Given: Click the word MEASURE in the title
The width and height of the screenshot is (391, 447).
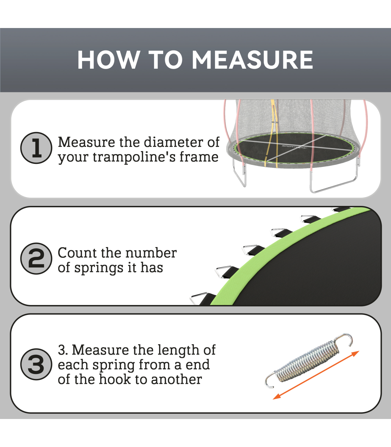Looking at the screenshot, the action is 252,60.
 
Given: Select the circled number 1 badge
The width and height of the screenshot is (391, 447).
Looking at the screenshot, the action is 36,148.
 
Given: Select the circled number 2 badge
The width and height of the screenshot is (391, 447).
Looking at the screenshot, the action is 36,258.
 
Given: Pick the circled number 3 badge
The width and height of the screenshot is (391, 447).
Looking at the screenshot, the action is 36,364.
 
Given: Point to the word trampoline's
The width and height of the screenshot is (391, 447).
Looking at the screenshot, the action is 134,157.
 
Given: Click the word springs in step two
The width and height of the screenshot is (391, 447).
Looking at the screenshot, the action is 99,268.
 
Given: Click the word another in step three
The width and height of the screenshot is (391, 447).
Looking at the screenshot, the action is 177,380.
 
